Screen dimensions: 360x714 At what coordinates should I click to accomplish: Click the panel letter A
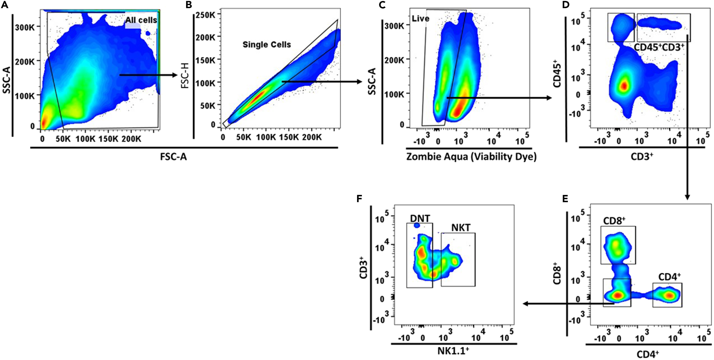point(4,5)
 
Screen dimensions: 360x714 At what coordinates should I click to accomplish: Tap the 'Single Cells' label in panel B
point(267,45)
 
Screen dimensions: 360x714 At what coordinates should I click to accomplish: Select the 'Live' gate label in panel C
point(420,19)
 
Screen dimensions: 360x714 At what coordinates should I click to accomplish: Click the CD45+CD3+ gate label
point(659,48)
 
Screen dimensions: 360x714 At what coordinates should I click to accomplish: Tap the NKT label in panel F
point(461,228)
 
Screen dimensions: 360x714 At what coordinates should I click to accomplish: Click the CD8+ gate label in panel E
point(614,221)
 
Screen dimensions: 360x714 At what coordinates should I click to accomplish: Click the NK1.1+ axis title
point(453,351)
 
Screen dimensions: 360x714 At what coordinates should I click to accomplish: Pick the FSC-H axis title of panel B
point(185,75)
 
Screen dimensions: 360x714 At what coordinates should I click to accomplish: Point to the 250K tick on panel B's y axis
point(205,15)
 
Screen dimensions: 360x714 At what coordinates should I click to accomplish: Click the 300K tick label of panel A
point(24,28)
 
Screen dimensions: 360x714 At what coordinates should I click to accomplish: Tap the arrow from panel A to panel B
point(148,75)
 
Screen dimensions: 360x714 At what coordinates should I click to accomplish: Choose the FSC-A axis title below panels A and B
point(173,157)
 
